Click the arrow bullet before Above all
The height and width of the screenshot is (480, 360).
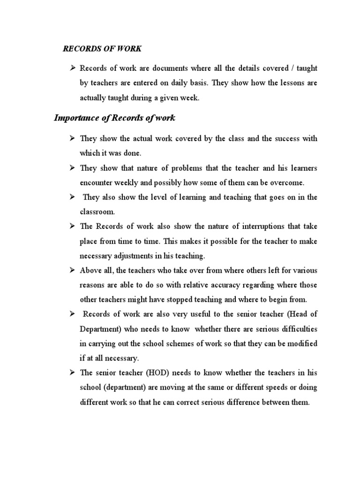point(73,270)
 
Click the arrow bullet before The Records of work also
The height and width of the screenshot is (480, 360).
point(73,226)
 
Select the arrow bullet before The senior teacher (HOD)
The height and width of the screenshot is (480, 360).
point(73,373)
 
